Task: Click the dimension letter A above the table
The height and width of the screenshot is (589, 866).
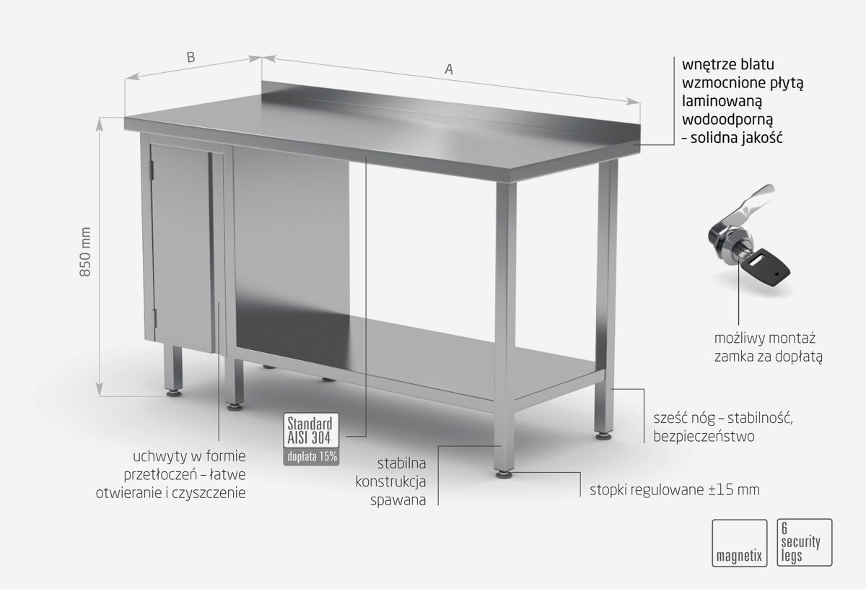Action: pos(448,69)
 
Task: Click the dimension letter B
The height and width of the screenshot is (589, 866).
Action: pos(191,57)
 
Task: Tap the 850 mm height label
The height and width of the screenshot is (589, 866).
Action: pos(85,252)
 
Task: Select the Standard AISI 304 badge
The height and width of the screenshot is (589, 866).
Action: pos(311,430)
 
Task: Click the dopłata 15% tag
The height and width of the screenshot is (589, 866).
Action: pos(311,457)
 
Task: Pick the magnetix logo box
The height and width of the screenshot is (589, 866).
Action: pos(739,543)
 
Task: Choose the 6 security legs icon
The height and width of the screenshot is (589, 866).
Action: pos(805,543)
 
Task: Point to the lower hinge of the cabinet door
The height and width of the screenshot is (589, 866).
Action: pos(155,317)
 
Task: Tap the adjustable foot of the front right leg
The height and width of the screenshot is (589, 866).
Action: pos(504,474)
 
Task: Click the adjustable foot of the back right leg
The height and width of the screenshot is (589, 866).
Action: pos(603,436)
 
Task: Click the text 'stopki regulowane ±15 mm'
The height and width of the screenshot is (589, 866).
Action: pos(675,490)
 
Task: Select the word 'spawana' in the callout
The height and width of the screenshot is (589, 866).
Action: pos(398,500)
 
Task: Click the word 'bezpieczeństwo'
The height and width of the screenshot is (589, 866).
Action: pos(704,436)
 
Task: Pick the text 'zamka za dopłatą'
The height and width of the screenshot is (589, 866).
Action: pos(768,356)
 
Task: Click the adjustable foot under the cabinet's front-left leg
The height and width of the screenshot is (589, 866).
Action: pos(172,393)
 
